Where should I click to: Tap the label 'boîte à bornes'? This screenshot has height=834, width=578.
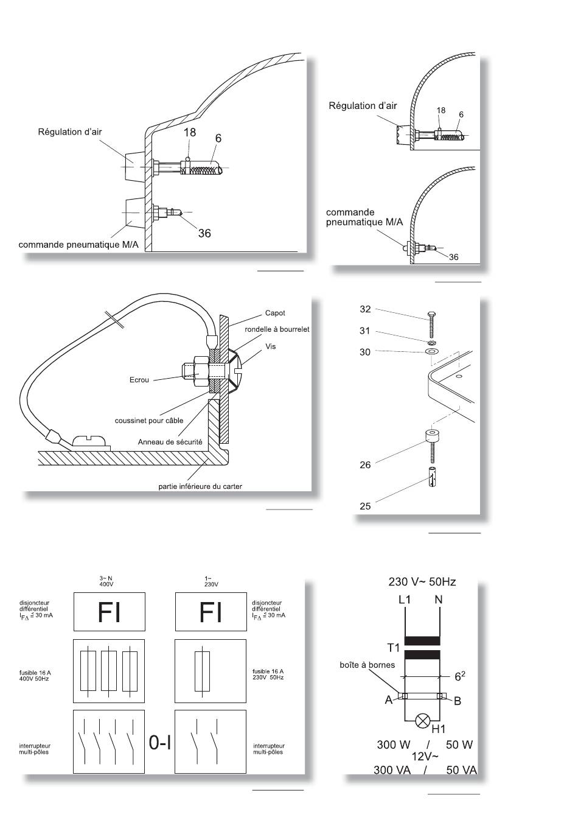click(367, 665)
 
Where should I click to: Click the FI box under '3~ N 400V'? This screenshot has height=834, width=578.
click(110, 612)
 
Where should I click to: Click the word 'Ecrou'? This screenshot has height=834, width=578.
click(139, 380)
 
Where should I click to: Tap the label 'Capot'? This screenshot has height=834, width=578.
click(275, 313)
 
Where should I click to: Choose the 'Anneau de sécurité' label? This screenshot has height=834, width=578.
click(170, 442)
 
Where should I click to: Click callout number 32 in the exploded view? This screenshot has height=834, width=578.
click(365, 309)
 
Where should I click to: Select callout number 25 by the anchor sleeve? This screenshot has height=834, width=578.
click(365, 506)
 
